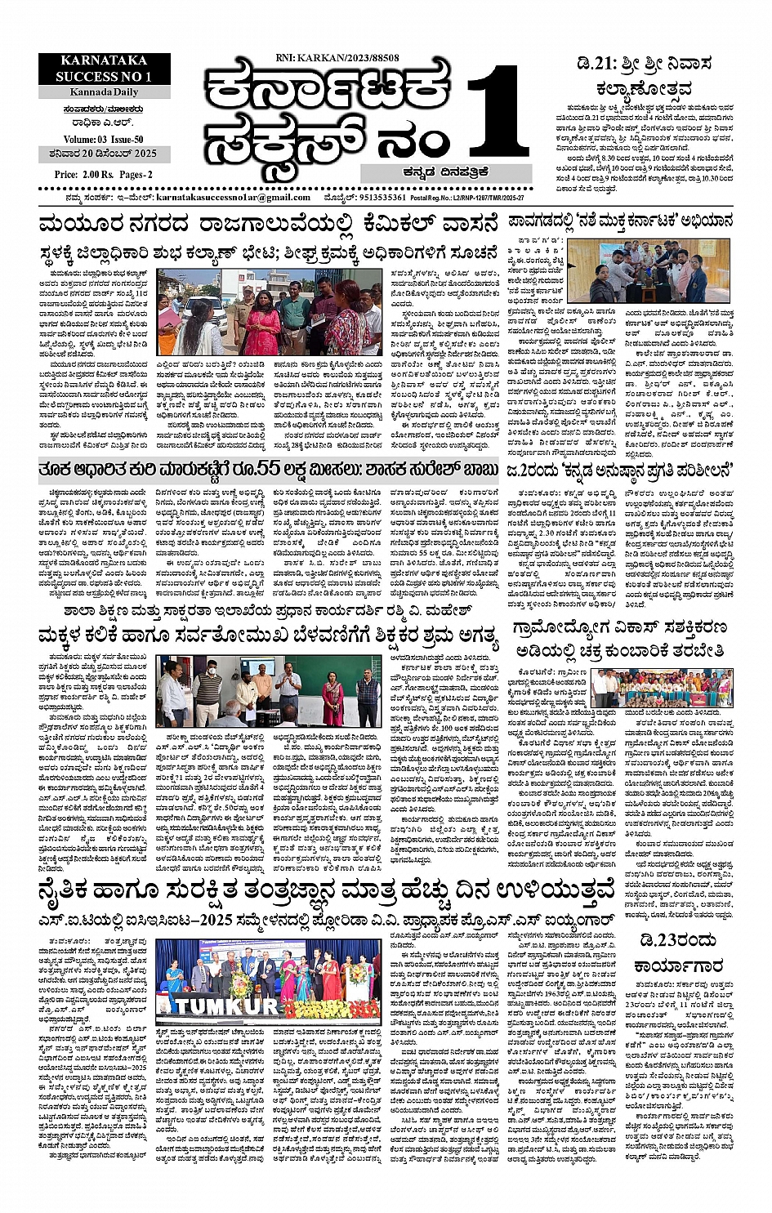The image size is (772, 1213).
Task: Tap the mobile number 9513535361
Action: (x=382, y=198)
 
